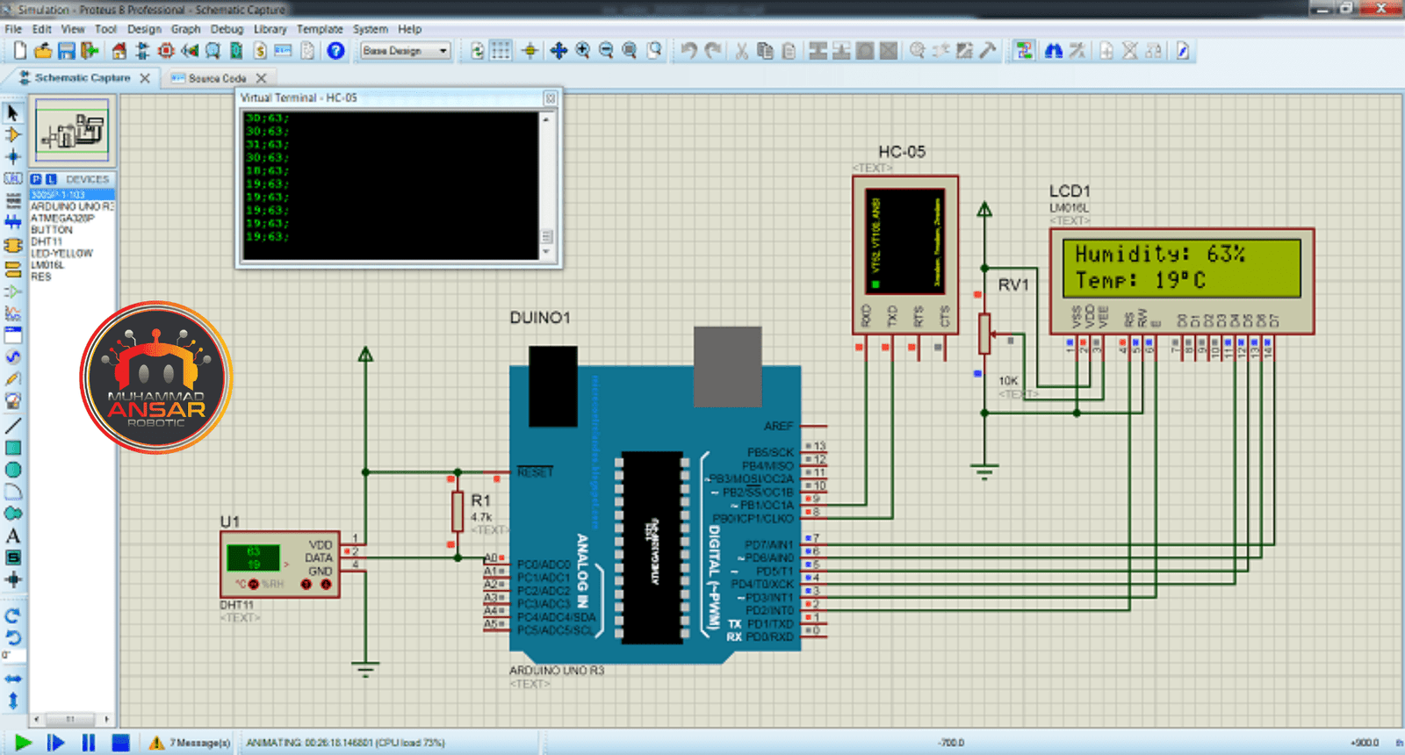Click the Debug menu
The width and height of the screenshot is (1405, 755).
(227, 29)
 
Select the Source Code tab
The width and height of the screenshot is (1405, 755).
(217, 78)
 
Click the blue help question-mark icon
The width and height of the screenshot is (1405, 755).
(335, 51)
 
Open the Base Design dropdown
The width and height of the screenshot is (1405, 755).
(406, 51)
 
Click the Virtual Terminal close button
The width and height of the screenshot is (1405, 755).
(551, 97)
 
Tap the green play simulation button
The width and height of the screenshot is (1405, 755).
(24, 743)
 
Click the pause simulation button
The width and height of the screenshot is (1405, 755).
(89, 743)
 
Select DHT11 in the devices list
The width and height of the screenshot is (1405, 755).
(47, 241)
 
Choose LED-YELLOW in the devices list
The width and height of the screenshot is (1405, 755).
(61, 253)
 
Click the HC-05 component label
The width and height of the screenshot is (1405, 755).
(902, 152)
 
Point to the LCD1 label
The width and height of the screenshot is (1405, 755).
(1070, 191)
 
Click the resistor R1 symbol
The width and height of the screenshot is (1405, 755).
(457, 511)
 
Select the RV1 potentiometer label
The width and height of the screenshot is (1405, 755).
(1012, 284)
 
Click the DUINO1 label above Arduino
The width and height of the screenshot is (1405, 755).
(540, 318)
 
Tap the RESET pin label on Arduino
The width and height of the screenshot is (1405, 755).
(535, 472)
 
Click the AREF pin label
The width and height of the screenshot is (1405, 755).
(778, 426)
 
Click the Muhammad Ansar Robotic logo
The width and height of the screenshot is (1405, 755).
(156, 377)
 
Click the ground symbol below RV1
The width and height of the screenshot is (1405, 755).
(984, 472)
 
